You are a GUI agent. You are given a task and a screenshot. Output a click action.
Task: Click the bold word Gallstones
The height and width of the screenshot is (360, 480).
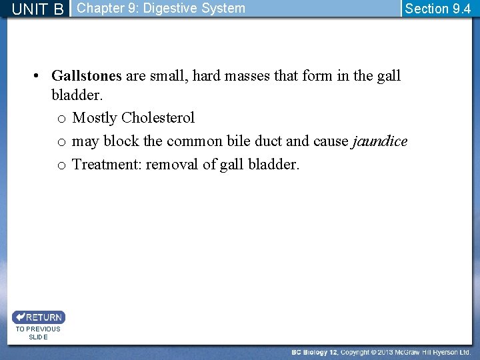87,76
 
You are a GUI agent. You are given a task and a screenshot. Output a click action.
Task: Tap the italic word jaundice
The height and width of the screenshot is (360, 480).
379,141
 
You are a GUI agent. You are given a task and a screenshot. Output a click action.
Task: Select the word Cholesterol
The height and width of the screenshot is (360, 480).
158,118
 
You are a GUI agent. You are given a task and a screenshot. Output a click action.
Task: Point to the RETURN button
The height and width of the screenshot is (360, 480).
38,317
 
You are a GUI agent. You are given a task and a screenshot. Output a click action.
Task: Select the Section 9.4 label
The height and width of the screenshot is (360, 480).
437,9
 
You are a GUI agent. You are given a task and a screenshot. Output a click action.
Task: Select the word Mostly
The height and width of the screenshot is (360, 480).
95,118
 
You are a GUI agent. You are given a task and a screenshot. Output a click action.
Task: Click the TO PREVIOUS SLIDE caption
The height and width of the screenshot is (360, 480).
38,333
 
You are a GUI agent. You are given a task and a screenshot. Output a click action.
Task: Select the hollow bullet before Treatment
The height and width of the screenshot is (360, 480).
61,165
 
